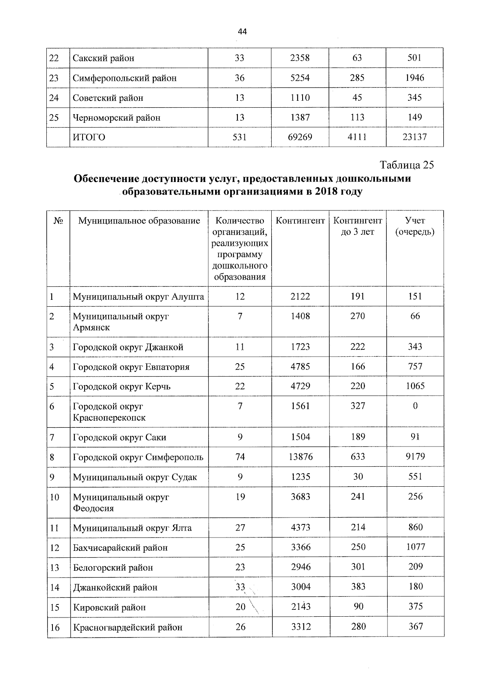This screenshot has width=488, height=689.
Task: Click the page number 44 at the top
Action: (242, 32)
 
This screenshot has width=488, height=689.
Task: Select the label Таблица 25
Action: (407, 165)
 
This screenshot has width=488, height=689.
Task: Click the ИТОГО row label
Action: (89, 137)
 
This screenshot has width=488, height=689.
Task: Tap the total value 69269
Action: (300, 137)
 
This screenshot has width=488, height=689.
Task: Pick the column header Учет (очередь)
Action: (415, 226)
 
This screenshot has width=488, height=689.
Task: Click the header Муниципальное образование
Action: (139, 221)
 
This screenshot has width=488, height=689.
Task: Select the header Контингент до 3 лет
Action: (357, 226)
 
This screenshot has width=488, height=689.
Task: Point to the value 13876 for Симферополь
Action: (301, 457)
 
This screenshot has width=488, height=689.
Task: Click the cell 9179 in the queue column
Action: (415, 457)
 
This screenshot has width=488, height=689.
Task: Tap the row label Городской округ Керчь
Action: (122, 386)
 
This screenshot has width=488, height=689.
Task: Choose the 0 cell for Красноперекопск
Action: (415, 406)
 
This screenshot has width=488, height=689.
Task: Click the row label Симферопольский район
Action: (124, 78)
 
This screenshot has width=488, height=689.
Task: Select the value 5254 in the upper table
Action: (300, 78)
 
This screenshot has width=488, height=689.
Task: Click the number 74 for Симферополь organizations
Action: (240, 457)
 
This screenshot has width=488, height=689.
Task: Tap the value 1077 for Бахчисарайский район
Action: (415, 547)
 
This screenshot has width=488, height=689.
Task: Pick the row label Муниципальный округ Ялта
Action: (132, 528)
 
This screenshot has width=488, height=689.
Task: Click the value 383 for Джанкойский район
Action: (358, 587)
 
